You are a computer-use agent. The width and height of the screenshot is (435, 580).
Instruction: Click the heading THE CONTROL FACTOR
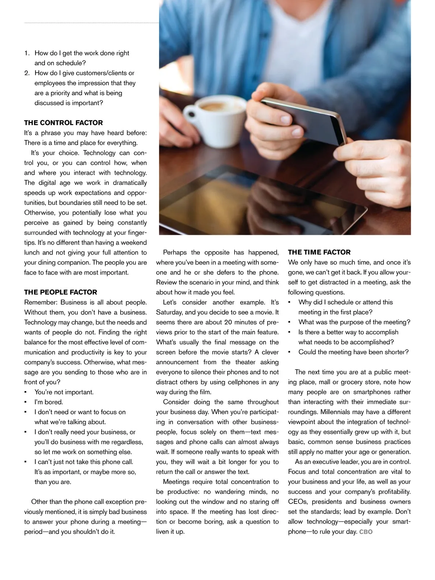pyautogui.click(x=63, y=123)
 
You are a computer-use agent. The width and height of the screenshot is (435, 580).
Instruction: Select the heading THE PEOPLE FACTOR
pyautogui.click(x=61, y=292)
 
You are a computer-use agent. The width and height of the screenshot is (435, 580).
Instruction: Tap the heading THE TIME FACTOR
pyautogui.click(x=319, y=252)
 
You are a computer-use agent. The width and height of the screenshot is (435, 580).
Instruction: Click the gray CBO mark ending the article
pyautogui.click(x=366, y=532)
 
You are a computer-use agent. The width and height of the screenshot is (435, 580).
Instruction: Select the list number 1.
pyautogui.click(x=26, y=53)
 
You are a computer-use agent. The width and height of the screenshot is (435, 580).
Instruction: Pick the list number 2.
pyautogui.click(x=27, y=73)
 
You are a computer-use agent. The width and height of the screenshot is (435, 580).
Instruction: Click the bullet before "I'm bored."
pyautogui.click(x=25, y=402)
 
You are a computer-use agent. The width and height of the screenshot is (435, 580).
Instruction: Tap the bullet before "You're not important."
pyautogui.click(x=25, y=392)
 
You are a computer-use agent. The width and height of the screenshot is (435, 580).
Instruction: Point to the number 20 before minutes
pyautogui.click(x=228, y=322)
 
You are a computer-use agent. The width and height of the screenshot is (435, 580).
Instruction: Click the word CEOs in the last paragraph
pyautogui.click(x=298, y=502)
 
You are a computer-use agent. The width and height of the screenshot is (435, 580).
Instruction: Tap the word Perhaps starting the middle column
pyautogui.click(x=175, y=252)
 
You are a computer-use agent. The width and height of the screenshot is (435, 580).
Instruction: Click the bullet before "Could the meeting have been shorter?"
pyautogui.click(x=289, y=352)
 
